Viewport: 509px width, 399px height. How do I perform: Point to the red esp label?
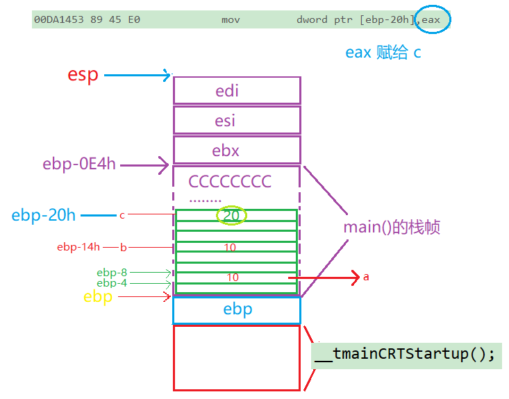tap(83, 76)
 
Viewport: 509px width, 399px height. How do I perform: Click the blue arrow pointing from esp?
tap(137, 75)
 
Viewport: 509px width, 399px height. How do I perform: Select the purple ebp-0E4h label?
tap(79, 164)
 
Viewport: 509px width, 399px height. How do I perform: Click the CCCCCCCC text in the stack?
tap(230, 181)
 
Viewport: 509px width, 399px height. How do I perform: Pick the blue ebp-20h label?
tap(44, 215)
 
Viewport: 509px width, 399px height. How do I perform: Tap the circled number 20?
tap(231, 215)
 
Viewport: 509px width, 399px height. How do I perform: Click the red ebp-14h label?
tap(78, 247)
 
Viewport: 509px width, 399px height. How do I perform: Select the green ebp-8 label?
tap(112, 273)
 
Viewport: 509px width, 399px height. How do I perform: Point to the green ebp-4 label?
tap(112, 283)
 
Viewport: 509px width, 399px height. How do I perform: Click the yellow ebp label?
tap(98, 297)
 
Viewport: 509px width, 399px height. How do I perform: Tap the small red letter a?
tap(366, 277)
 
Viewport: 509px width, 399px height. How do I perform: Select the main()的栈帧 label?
tap(392, 227)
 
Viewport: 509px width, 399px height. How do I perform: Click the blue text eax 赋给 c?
tap(383, 52)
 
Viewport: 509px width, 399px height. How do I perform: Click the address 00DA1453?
tap(59, 20)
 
